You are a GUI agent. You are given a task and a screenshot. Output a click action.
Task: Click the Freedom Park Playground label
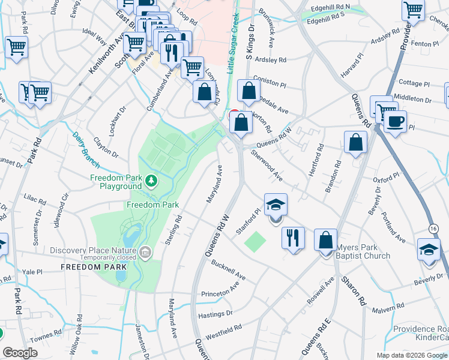tap(115, 182)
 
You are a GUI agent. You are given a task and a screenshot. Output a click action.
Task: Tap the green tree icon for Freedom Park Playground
tap(152, 179)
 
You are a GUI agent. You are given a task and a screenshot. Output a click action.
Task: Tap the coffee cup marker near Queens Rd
tap(395, 122)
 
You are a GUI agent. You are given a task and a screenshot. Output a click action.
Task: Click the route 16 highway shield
tap(433, 229)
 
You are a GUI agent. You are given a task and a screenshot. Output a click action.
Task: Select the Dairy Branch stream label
tap(86, 145)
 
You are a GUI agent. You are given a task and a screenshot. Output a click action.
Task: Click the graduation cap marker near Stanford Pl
tap(276, 206)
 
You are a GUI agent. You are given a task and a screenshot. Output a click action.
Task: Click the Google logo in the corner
tap(20, 352)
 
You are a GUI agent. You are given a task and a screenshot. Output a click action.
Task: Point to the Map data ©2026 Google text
tap(412, 355)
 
